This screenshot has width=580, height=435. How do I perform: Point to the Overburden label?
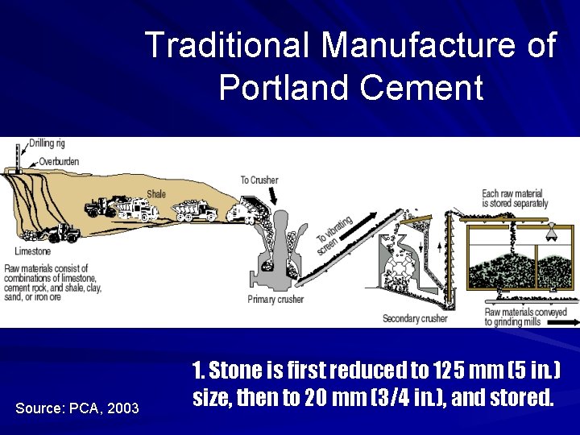[x=58, y=161]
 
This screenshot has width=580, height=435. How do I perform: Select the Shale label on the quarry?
[x=155, y=193]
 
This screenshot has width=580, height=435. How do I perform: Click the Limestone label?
[x=32, y=251]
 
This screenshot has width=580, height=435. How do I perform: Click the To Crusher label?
[x=259, y=180]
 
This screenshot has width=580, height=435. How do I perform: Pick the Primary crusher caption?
[x=275, y=300]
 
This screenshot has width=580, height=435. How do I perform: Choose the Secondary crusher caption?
[x=414, y=318]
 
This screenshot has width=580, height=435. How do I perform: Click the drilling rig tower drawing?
[x=19, y=156]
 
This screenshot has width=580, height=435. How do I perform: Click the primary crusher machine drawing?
[x=278, y=250]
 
